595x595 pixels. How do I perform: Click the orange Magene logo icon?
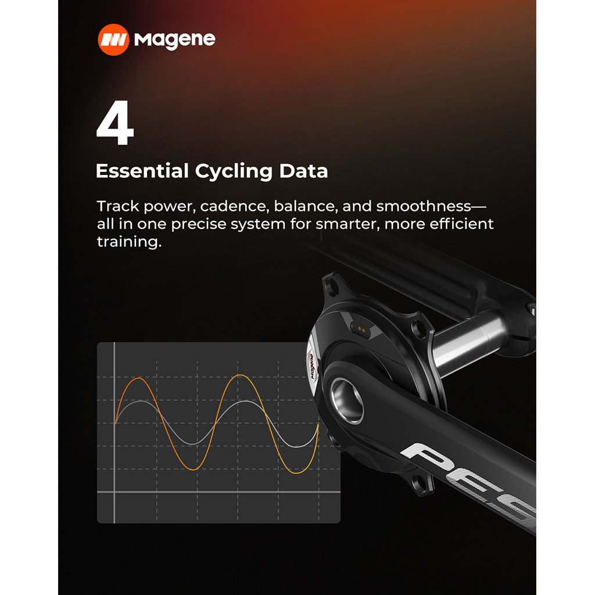click(113, 40)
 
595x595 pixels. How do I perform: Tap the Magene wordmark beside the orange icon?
click(174, 40)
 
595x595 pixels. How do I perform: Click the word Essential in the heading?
click(142, 171)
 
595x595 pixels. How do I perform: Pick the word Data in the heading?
click(303, 171)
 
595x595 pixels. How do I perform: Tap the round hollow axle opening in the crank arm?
click(347, 400)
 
